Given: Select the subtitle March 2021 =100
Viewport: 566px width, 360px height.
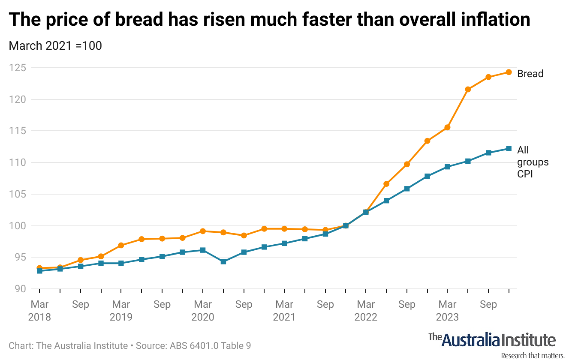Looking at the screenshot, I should point(55,45).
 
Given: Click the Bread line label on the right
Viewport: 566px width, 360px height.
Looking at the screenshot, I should point(530,74).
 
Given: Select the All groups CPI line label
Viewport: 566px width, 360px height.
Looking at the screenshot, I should point(533,162).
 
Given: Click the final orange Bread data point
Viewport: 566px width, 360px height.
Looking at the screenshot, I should point(509,72).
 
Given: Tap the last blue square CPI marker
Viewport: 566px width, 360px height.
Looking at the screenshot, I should point(509,149).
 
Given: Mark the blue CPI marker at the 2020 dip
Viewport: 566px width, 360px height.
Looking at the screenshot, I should point(223,261).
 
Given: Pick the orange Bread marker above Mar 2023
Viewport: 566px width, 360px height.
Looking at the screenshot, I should point(447,127).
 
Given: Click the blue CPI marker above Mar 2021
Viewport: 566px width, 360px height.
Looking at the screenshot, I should point(284,243).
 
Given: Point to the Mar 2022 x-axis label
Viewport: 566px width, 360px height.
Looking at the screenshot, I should point(366,311).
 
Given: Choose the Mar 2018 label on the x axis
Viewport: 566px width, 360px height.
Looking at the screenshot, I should point(39,311).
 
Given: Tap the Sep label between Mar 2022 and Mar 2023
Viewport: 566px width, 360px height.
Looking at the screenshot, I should point(406,305).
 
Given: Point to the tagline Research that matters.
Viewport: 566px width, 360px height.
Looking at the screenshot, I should point(532,356).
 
